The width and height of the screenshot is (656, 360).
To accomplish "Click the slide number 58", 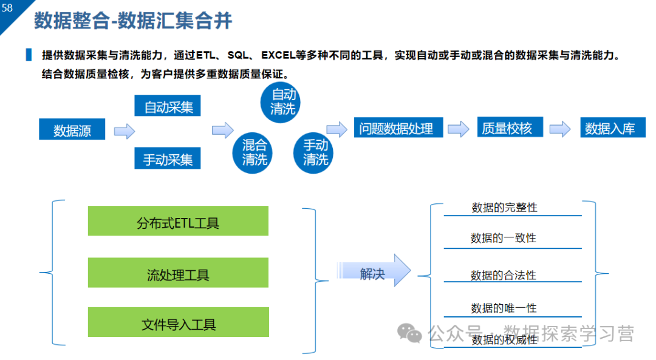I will (x=7, y=8).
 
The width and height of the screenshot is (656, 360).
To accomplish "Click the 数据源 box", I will (x=72, y=130).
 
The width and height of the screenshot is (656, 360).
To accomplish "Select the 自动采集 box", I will (x=168, y=107).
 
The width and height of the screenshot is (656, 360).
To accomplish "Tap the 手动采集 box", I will (x=168, y=159).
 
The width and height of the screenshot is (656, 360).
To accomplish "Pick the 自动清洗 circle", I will (x=282, y=101).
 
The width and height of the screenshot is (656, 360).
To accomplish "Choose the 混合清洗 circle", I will (x=255, y=152).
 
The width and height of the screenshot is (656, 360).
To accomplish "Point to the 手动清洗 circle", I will (x=315, y=152).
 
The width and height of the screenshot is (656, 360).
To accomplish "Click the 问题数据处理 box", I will (x=396, y=128).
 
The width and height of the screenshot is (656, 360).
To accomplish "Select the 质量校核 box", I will (x=507, y=127).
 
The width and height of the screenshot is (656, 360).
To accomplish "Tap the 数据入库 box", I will (x=610, y=128).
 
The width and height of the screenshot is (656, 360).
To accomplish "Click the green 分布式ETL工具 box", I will (x=178, y=222).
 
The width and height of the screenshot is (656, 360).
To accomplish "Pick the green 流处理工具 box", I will (x=178, y=273).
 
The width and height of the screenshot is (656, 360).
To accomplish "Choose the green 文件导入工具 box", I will (x=178, y=323).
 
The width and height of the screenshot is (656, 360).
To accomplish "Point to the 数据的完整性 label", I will (x=504, y=207).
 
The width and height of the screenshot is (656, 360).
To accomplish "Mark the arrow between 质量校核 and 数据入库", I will (x=560, y=129).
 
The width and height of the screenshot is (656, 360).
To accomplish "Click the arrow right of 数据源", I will (x=124, y=131).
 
